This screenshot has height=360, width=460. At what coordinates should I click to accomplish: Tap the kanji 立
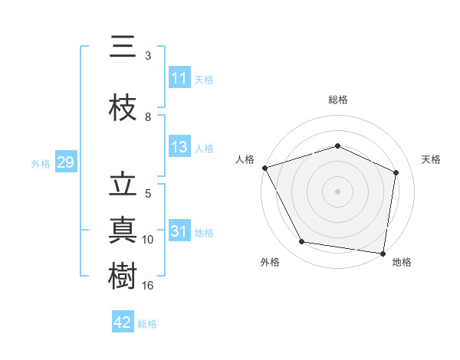(x=123, y=185)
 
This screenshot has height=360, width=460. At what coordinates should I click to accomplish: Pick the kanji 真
(x=123, y=231)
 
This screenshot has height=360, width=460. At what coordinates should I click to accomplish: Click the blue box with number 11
(x=179, y=78)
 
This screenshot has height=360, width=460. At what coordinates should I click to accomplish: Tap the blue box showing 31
(x=179, y=232)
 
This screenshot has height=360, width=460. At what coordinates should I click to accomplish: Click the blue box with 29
(x=65, y=163)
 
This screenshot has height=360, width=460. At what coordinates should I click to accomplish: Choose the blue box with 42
(x=123, y=322)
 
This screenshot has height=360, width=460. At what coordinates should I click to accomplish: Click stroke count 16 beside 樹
(x=149, y=285)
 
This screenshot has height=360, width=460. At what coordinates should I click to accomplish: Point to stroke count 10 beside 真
(x=149, y=240)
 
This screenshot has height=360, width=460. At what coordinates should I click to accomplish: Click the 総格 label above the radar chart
(x=337, y=100)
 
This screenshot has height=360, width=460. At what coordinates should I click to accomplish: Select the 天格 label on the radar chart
(x=432, y=159)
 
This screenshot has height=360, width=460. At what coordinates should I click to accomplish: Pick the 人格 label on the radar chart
(x=245, y=159)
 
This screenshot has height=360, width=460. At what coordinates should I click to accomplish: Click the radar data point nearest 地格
(x=383, y=253)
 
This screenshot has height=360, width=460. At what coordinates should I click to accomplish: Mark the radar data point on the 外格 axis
(x=302, y=242)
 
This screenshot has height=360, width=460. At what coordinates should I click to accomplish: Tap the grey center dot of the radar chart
(x=337, y=191)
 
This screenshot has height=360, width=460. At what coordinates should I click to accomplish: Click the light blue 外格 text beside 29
(x=41, y=163)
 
